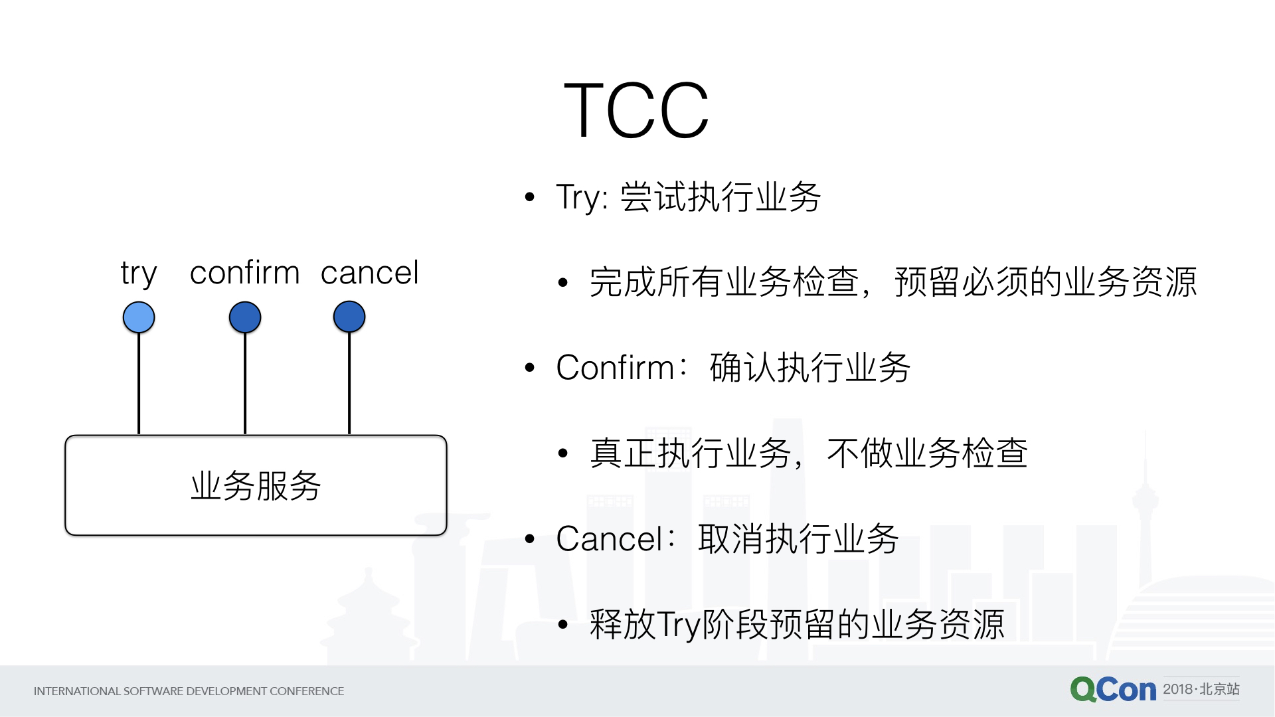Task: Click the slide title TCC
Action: (x=636, y=110)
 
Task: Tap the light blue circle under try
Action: (x=139, y=317)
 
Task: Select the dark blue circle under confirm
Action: (x=245, y=317)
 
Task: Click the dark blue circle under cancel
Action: (x=349, y=317)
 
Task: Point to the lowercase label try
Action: (x=139, y=274)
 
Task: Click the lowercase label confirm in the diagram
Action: (x=245, y=272)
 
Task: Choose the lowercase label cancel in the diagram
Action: (x=370, y=272)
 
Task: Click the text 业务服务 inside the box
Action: (x=256, y=485)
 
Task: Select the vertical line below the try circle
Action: (x=139, y=384)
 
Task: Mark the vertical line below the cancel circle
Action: (x=349, y=384)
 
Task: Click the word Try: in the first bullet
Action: (x=582, y=198)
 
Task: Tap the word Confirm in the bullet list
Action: (x=616, y=368)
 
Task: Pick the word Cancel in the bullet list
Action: (x=610, y=539)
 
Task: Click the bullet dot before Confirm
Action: (x=529, y=368)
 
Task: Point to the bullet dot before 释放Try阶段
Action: (x=563, y=624)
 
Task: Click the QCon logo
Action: (x=1113, y=690)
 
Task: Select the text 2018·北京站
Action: (x=1201, y=689)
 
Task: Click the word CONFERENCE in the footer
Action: (x=307, y=691)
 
